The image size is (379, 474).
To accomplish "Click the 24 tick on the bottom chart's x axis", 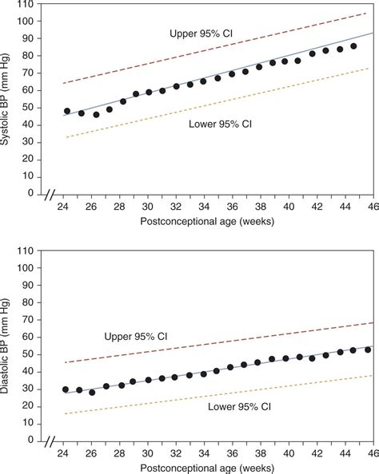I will tap(62, 452).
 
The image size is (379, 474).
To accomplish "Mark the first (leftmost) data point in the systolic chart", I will tap(67, 111).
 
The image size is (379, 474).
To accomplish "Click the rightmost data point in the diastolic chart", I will tap(367, 350).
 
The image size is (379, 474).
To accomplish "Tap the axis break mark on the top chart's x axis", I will tap(52, 194).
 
